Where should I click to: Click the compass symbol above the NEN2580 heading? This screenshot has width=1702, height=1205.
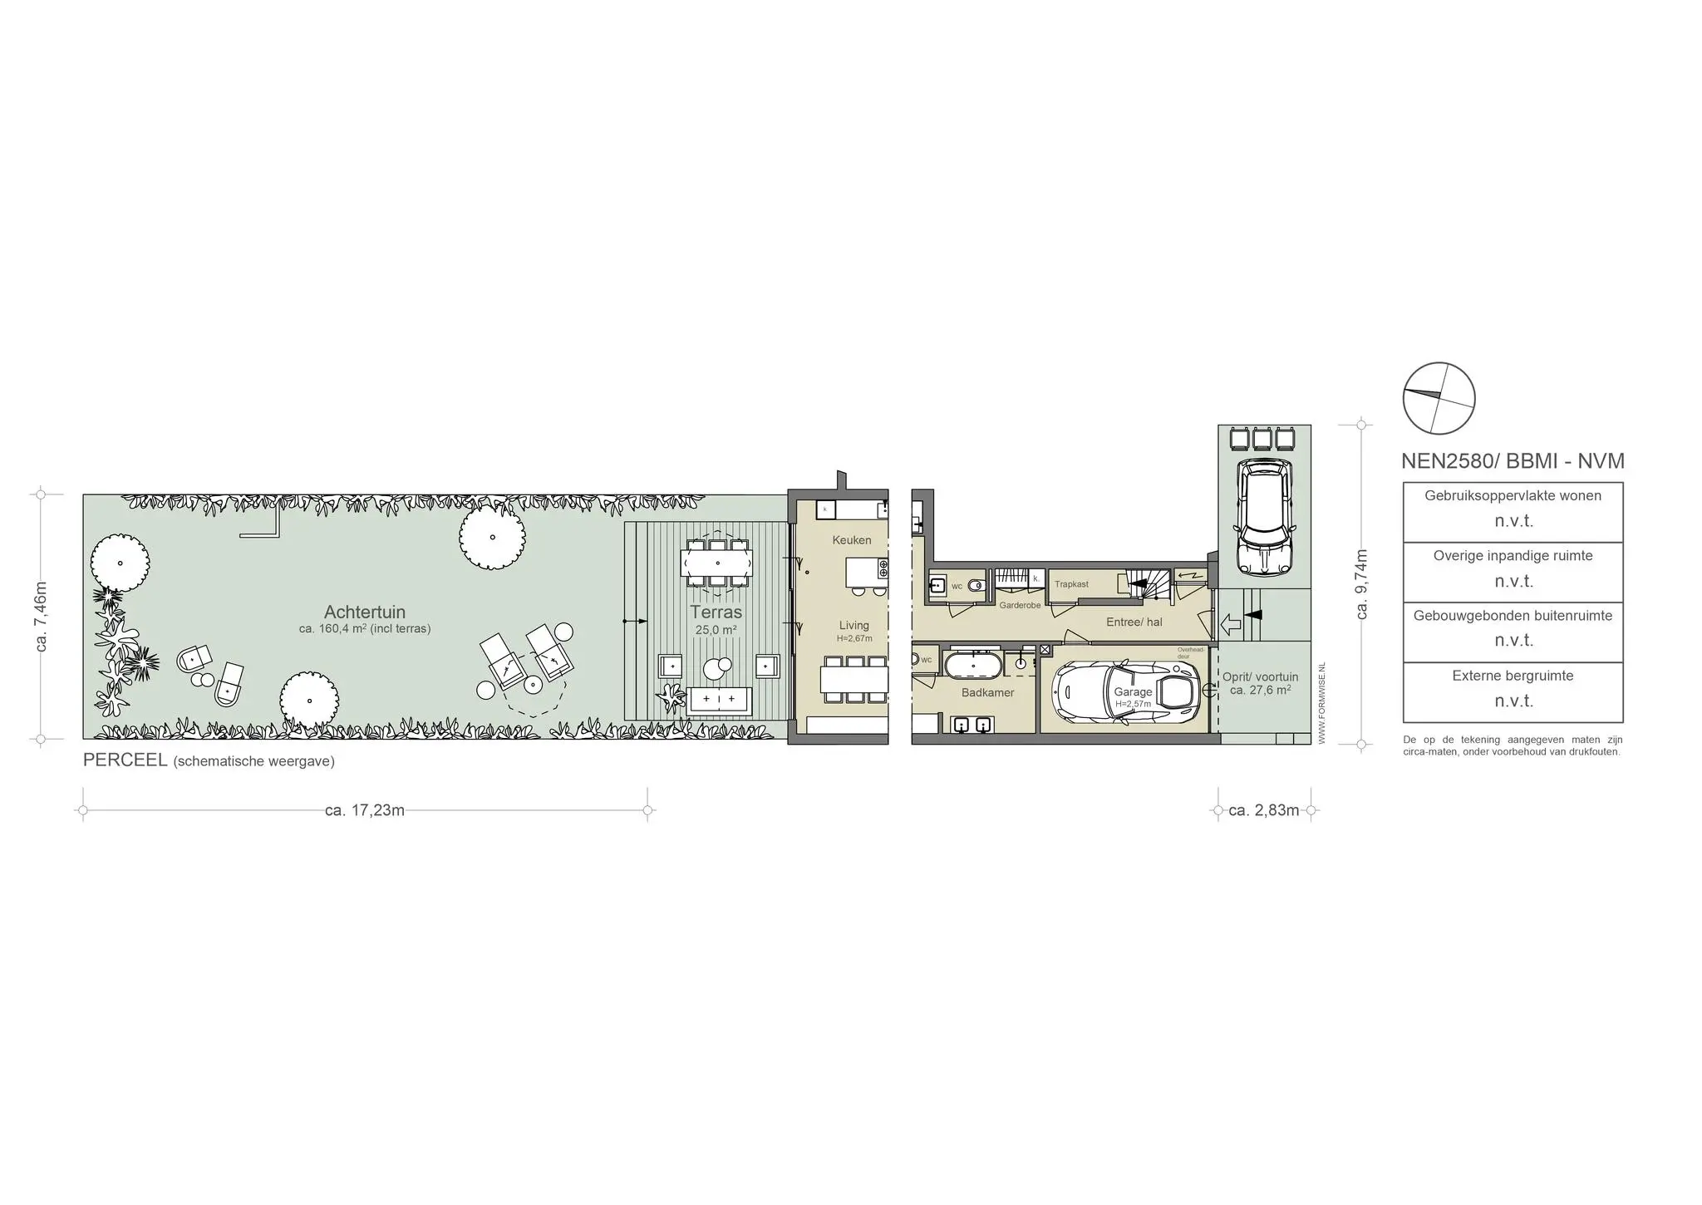point(1439,398)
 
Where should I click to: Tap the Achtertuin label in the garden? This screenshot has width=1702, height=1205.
point(365,612)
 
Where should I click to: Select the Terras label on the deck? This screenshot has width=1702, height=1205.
point(716,612)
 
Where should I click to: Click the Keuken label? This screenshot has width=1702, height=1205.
point(852,540)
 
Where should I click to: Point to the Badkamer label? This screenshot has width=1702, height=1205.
point(987,692)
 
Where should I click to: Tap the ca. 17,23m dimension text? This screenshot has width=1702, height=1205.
point(365,810)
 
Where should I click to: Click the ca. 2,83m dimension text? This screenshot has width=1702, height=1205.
point(1263,810)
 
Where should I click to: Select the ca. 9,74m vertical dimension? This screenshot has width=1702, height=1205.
point(1361,584)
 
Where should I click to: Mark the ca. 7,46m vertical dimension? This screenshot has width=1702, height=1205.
point(41,616)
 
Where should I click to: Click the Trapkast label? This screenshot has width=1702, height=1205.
point(1071,584)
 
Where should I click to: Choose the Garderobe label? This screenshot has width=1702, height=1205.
point(1020,606)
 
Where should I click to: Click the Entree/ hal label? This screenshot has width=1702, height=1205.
point(1134,622)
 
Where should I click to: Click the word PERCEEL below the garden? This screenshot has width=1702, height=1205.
point(125,760)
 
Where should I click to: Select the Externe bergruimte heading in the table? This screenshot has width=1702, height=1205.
point(1513,676)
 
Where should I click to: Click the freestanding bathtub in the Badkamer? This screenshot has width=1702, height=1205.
point(973,666)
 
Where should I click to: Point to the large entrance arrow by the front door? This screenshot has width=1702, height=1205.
point(1230,624)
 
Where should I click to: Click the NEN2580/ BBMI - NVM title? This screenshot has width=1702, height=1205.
point(1513,461)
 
